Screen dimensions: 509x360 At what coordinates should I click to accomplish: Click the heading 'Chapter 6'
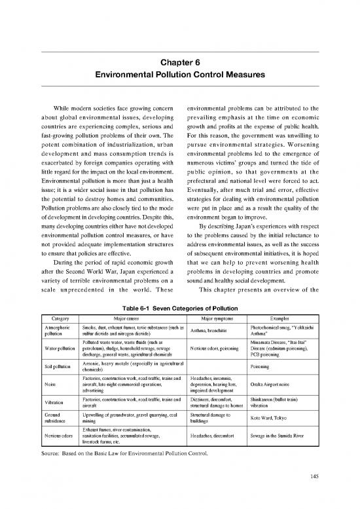coord(179,63)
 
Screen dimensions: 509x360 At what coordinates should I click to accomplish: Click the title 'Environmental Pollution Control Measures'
coord(179,75)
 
